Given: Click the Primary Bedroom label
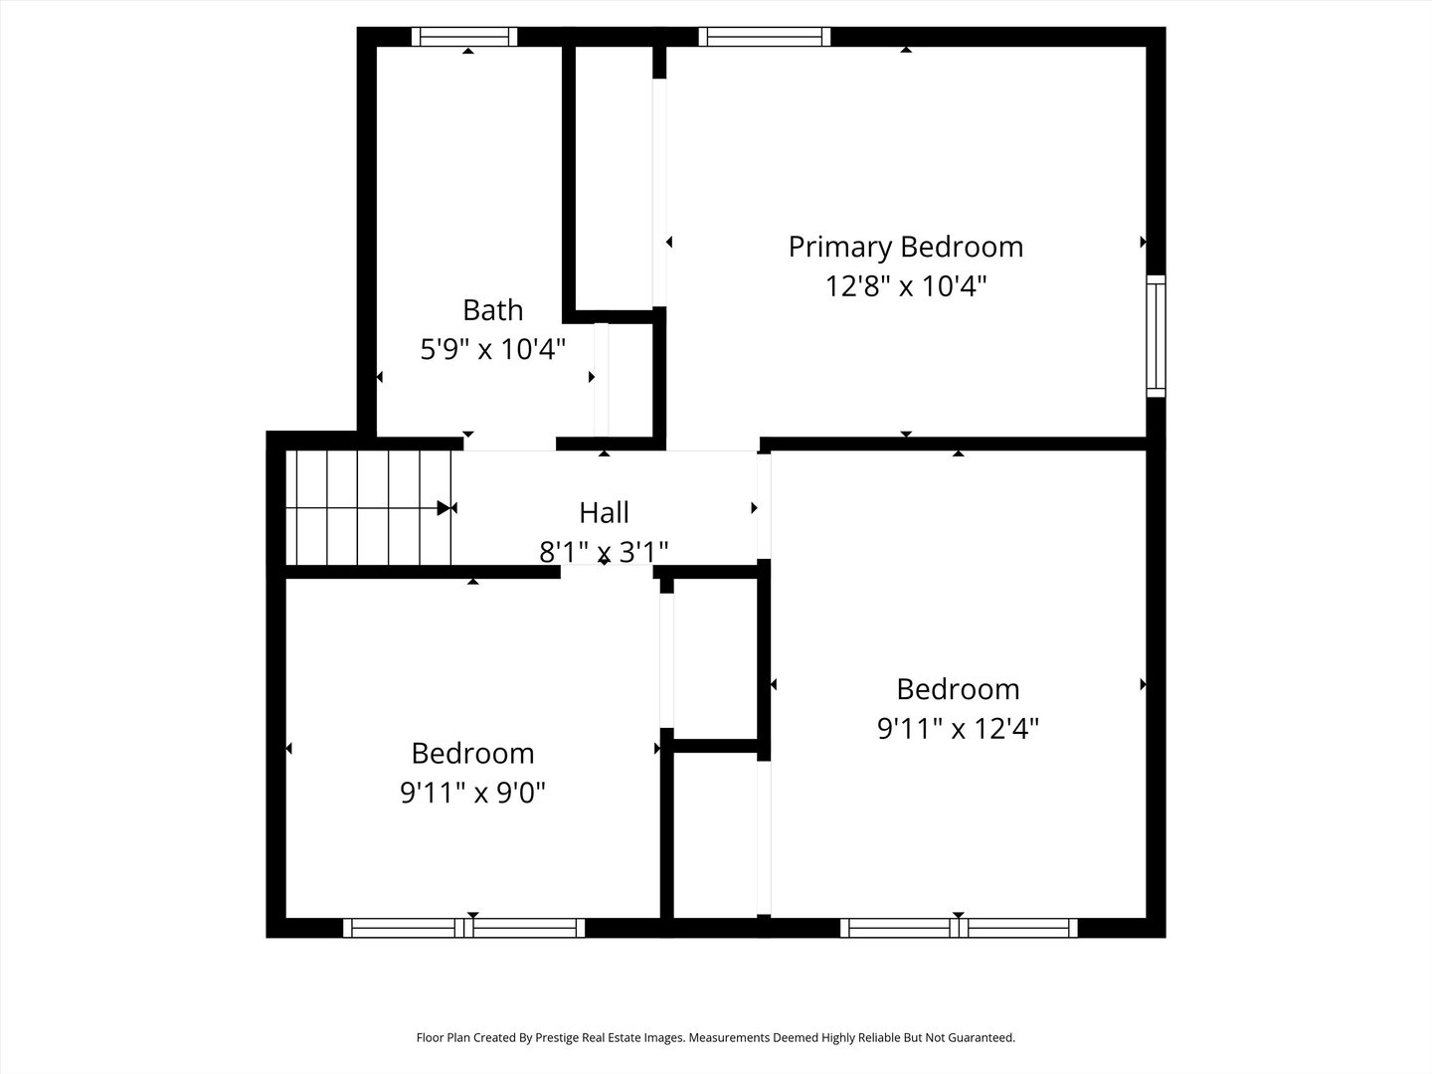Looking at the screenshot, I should click(x=905, y=247).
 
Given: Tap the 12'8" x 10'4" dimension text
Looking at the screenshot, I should click(x=905, y=286).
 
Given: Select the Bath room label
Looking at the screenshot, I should click(x=492, y=310).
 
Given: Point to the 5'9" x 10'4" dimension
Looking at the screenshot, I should click(x=492, y=349).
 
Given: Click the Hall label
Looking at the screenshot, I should click(x=604, y=513).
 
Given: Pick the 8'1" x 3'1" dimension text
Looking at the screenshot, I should click(x=604, y=551).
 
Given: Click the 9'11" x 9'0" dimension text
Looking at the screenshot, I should click(x=472, y=793).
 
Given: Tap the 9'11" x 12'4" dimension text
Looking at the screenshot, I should click(x=958, y=729).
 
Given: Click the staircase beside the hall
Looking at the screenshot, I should click(x=368, y=508).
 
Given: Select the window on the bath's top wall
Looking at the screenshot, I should click(x=464, y=37).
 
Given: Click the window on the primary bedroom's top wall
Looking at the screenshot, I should click(x=765, y=37).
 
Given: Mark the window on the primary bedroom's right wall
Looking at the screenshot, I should click(x=1156, y=335).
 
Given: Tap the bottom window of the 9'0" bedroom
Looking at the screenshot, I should click(x=464, y=928).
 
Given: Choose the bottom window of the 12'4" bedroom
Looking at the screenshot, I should click(x=959, y=928).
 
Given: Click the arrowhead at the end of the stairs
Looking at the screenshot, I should click(x=444, y=508).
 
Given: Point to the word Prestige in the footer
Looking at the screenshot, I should click(x=565, y=1038).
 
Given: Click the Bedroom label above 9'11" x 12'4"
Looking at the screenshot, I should click(x=958, y=689).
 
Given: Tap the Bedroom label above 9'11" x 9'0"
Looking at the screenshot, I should click(x=472, y=753).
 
